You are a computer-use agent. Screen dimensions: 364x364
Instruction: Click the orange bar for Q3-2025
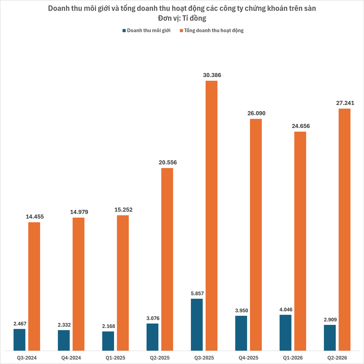[x=212, y=216]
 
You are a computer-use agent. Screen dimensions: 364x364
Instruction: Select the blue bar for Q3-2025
[x=197, y=325]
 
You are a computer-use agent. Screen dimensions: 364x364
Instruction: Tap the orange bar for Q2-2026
[x=344, y=230]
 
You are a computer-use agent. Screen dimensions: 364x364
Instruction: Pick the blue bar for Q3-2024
[x=19, y=340]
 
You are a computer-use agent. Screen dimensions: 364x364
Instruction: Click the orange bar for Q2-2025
[x=167, y=259]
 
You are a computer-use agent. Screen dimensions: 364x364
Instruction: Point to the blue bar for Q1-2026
[x=285, y=333]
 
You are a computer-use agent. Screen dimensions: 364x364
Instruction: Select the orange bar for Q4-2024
[x=78, y=284]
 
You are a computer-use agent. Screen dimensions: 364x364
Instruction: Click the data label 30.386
[x=212, y=75]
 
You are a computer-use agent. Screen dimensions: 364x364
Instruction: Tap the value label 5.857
[x=197, y=293]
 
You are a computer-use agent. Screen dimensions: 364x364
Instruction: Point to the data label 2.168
[x=108, y=326]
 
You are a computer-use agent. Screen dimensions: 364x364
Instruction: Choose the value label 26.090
[x=256, y=113]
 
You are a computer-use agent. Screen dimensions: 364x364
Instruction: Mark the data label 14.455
[x=35, y=217]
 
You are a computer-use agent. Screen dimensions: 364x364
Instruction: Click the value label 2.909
[x=330, y=320]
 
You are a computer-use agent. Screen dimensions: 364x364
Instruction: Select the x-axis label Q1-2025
[x=115, y=358]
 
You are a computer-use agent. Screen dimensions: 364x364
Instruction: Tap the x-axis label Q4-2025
[x=248, y=358]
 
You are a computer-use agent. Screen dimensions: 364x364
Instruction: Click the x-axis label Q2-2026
[x=337, y=358]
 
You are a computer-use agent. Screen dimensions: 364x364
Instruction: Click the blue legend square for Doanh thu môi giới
[x=124, y=31]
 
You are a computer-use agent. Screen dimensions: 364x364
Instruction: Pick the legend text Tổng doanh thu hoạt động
[x=214, y=31]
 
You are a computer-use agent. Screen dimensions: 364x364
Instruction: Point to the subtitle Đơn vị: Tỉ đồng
[x=182, y=18]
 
